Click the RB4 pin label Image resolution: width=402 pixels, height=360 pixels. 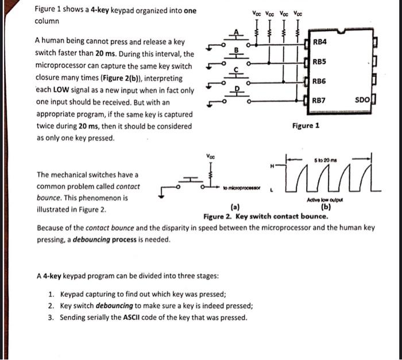tap(320, 42)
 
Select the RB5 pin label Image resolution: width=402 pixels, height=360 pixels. tap(320, 61)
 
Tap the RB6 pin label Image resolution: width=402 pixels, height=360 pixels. tap(320, 81)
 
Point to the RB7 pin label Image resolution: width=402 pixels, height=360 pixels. tap(320, 100)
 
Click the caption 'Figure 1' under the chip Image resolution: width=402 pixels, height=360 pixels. tap(306, 125)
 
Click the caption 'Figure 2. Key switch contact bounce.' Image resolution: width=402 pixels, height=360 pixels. tap(266, 216)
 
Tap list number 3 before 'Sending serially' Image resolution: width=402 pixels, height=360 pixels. tap(51, 318)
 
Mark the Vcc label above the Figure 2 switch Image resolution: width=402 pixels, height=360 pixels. tap(211, 156)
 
